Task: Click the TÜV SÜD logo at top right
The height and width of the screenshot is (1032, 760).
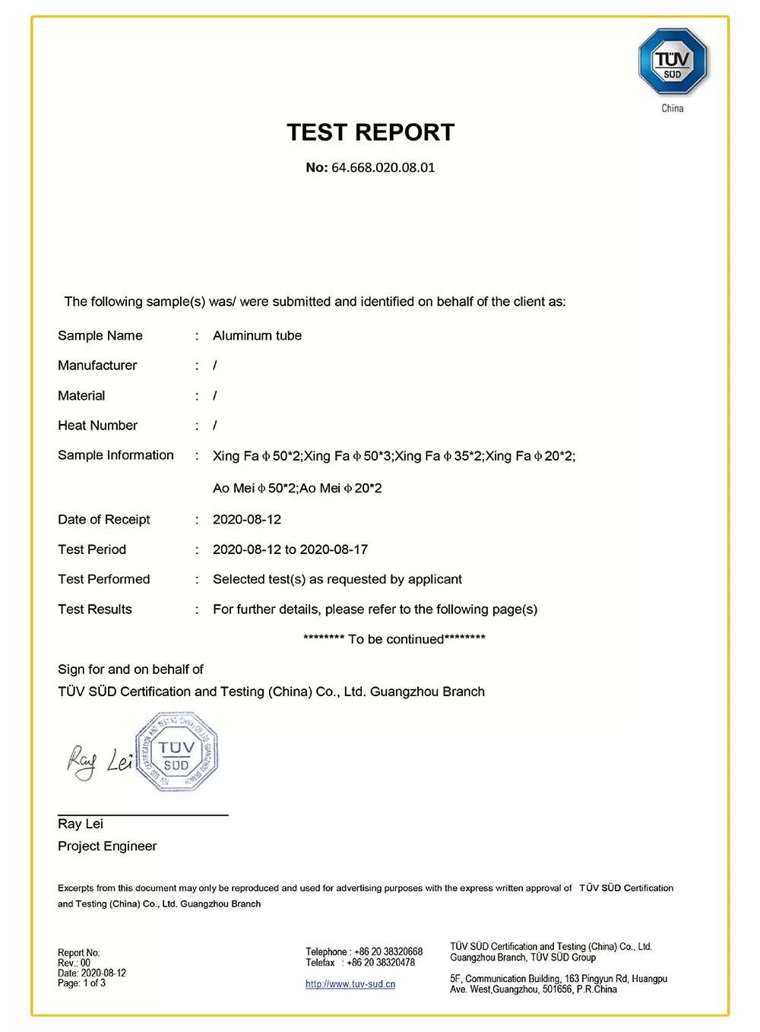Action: tap(673, 62)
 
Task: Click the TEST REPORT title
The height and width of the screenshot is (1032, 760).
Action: tap(370, 132)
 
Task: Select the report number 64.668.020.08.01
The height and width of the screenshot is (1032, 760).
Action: tap(383, 168)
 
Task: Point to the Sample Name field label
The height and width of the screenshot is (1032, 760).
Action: tap(100, 336)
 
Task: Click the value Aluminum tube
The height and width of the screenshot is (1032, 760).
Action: tap(257, 336)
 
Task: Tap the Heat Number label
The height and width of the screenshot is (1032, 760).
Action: tap(97, 426)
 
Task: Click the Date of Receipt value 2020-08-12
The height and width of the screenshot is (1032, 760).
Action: tap(247, 520)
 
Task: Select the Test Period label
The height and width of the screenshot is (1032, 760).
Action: tap(92, 549)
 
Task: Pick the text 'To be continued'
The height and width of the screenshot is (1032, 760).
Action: tap(394, 639)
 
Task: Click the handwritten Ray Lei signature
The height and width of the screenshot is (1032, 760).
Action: tap(99, 760)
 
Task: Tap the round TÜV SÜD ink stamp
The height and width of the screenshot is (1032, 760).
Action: tap(176, 752)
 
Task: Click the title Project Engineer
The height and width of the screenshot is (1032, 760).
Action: tap(107, 847)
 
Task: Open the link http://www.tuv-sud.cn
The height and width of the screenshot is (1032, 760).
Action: tap(350, 984)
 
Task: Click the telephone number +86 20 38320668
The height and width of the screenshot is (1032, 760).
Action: tap(388, 951)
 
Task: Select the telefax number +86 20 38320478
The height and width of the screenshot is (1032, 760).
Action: tap(381, 963)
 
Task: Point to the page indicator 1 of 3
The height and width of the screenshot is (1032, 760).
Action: tap(94, 983)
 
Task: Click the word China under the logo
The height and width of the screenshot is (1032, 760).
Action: tap(673, 109)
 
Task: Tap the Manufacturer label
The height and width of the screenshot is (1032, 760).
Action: tap(97, 366)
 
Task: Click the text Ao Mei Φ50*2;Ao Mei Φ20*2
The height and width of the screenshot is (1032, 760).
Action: tap(297, 489)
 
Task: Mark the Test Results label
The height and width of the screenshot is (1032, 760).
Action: tap(95, 609)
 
